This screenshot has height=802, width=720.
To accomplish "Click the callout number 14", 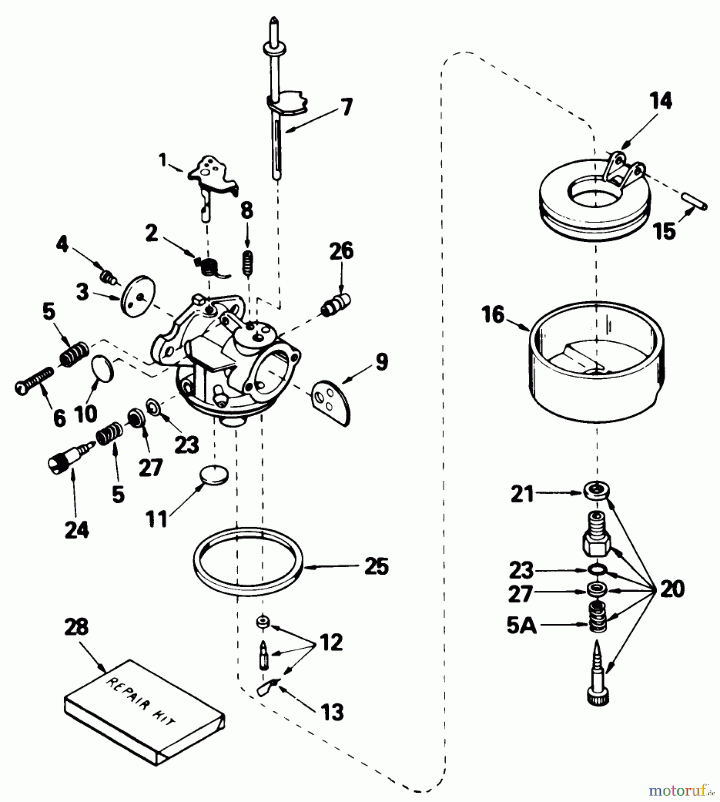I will (661, 101).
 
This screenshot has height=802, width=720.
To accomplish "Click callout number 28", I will (76, 627).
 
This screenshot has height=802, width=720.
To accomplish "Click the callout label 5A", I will (521, 626).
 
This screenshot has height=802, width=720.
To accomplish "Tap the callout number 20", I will (672, 589).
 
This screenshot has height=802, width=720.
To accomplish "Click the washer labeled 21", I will (596, 491).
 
